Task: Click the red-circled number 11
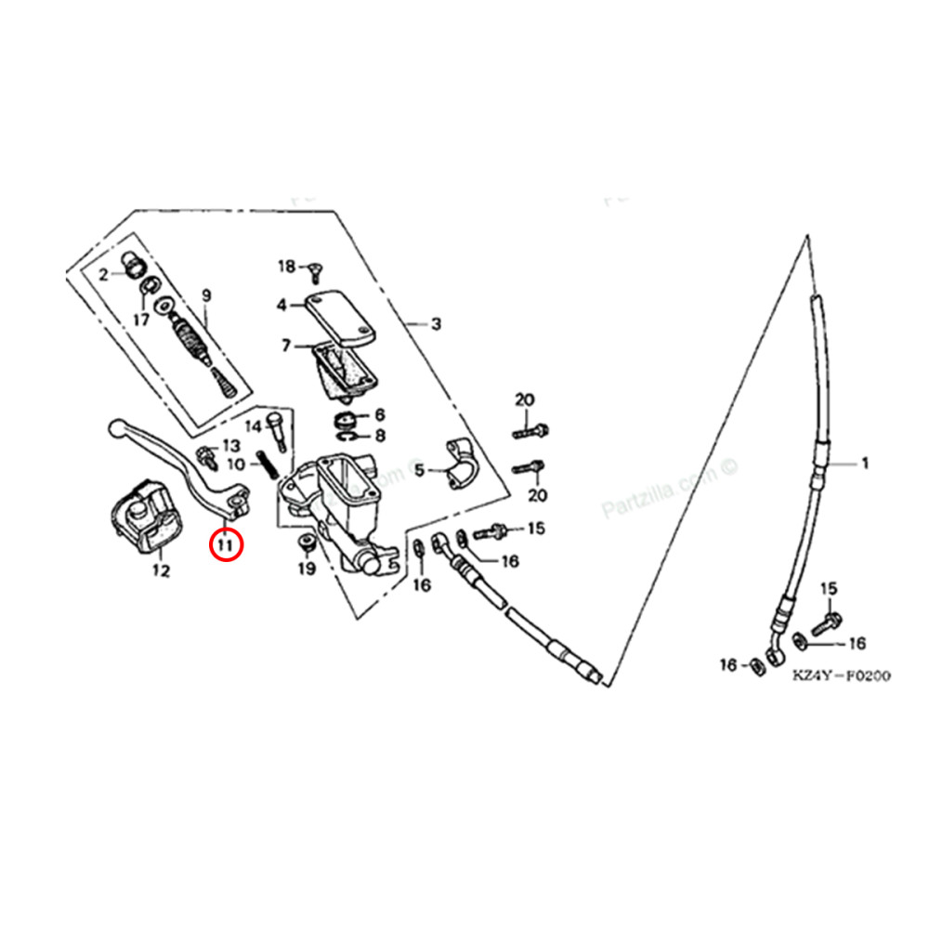point(225,543)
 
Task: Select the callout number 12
point(161,571)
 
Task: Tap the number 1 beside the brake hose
point(866,463)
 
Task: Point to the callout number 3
point(435,324)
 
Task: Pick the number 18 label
point(286,267)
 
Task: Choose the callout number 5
point(419,471)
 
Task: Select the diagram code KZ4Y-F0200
point(841,676)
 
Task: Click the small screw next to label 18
point(314,269)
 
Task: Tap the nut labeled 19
point(305,542)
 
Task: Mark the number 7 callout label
point(287,346)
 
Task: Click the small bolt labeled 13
point(205,457)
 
